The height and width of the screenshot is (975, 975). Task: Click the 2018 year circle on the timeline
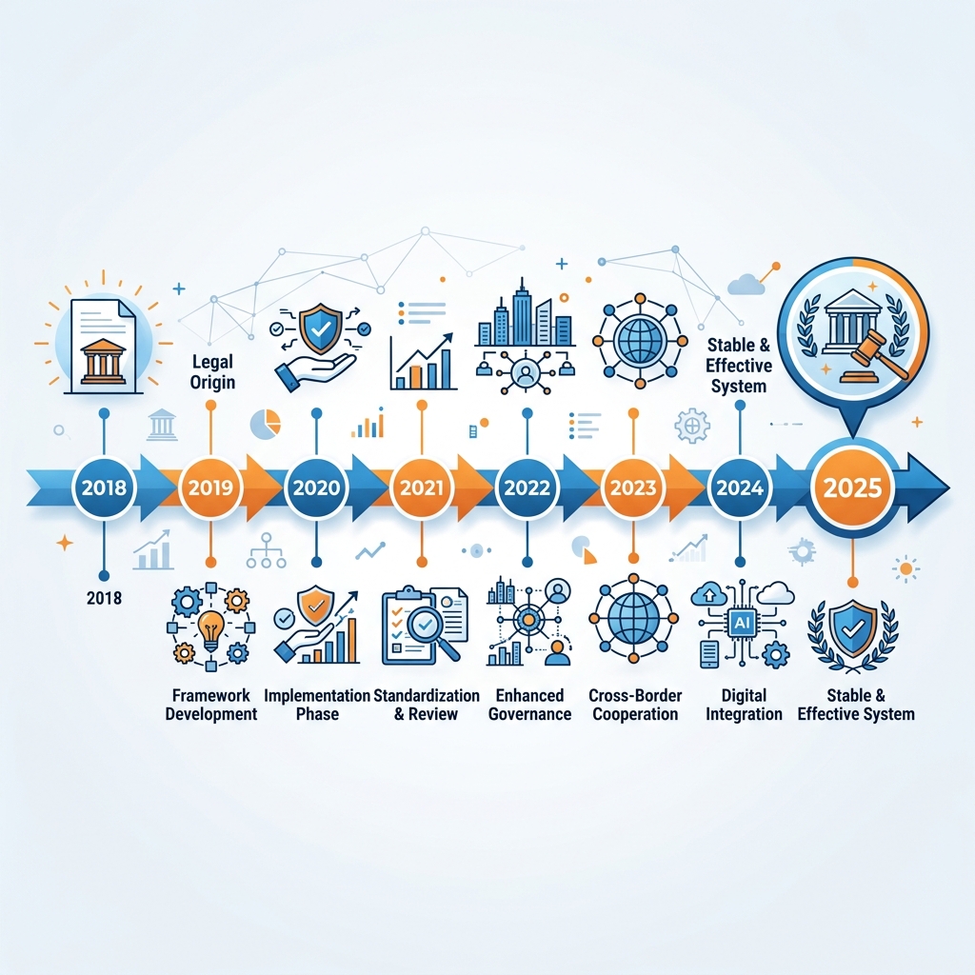click(x=104, y=487)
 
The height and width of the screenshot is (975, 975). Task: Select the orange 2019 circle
click(x=210, y=487)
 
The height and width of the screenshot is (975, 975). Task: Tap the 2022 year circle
click(x=527, y=487)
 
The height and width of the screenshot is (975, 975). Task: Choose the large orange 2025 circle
click(x=852, y=488)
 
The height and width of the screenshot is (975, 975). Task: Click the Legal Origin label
click(x=212, y=372)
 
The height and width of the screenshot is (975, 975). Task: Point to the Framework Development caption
click(x=211, y=705)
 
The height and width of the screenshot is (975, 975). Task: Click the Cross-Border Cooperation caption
click(x=635, y=705)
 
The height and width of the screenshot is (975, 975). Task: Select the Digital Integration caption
click(x=744, y=705)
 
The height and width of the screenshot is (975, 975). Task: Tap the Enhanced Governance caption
click(x=529, y=705)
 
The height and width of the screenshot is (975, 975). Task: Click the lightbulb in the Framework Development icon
click(x=210, y=629)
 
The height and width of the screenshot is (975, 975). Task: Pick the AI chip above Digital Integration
click(x=743, y=622)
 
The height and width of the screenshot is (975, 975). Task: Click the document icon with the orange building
click(x=104, y=347)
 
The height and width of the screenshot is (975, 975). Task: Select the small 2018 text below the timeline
click(x=105, y=598)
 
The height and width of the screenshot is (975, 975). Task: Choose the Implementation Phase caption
click(x=317, y=705)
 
